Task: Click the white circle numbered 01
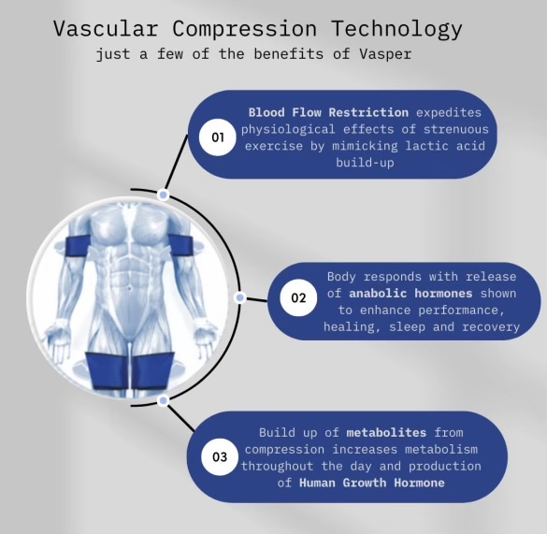pyautogui.click(x=218, y=137)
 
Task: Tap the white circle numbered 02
pyautogui.click(x=298, y=297)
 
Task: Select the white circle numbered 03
pyautogui.click(x=220, y=457)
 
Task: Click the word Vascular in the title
pyautogui.click(x=106, y=29)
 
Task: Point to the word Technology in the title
pyautogui.click(x=397, y=29)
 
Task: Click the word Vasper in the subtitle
pyautogui.click(x=385, y=54)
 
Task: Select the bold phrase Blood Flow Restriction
pyautogui.click(x=328, y=112)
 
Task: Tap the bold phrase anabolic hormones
pyautogui.click(x=410, y=293)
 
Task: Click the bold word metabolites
pyautogui.click(x=386, y=432)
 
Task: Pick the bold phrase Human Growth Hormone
pyautogui.click(x=372, y=483)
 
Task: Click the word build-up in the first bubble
pyautogui.click(x=365, y=163)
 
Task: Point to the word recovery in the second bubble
pyautogui.click(x=491, y=327)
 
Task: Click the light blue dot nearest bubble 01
pyautogui.click(x=163, y=195)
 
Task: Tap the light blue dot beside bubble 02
pyautogui.click(x=239, y=297)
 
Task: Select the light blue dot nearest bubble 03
pyautogui.click(x=163, y=400)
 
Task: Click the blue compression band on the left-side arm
pyautogui.click(x=78, y=247)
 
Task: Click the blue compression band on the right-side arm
pyautogui.click(x=181, y=247)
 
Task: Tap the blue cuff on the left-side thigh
pyautogui.click(x=108, y=371)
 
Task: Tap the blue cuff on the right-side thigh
pyautogui.click(x=152, y=370)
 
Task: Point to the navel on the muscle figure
pyautogui.click(x=129, y=289)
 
